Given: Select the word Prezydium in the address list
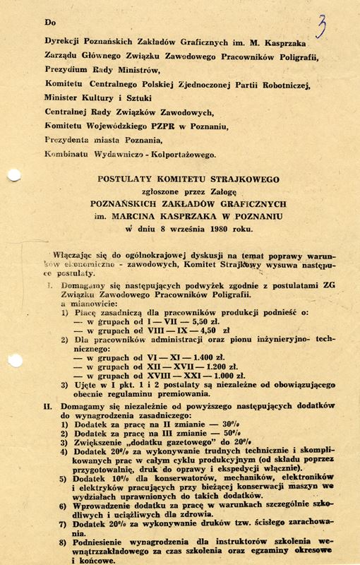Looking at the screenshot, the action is coord(66,70).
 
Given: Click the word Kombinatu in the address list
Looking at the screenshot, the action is coord(67,154).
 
